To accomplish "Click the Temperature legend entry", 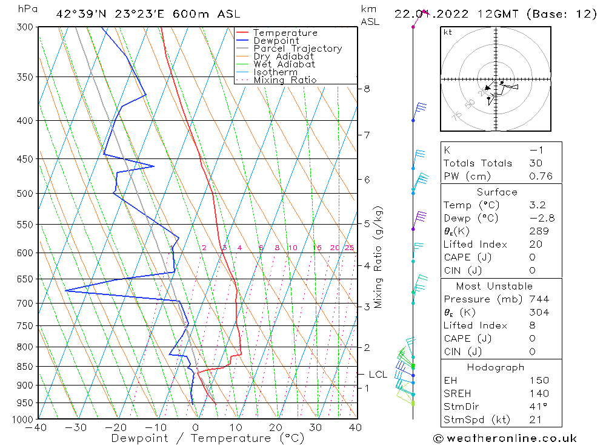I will point(285,33).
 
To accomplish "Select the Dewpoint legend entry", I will point(276,41).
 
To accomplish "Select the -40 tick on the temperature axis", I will point(38,427).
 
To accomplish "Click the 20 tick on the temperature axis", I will point(276,427).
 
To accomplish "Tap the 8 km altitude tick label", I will point(367,89).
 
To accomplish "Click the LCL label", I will point(378,375).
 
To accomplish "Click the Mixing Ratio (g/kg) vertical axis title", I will point(378,257).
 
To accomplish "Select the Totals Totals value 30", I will point(535,163).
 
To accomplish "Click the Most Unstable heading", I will point(494,286).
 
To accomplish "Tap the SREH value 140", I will point(538,393).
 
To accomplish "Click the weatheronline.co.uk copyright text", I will point(505,438).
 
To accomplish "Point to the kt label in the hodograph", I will point(448,32).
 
